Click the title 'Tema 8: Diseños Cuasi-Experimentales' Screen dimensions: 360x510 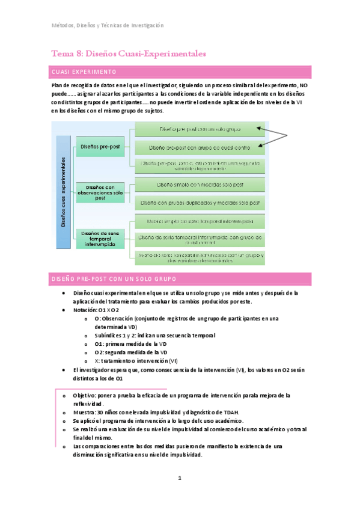tap(129, 54)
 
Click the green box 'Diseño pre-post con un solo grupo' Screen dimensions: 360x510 tap(200, 129)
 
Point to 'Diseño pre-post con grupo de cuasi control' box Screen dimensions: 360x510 tap(200, 147)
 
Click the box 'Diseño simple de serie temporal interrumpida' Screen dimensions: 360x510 tap(200, 221)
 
